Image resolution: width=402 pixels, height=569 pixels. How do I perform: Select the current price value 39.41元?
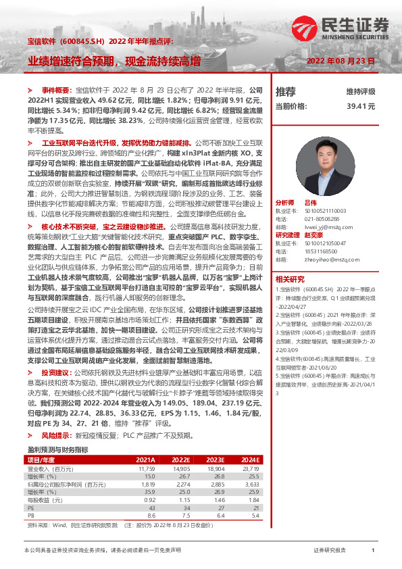[361, 106]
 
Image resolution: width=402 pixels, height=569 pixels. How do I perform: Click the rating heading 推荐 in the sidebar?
[286, 91]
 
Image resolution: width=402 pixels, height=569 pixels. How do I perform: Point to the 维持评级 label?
[361, 91]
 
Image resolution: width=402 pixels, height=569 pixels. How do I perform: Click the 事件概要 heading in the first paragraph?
[55, 90]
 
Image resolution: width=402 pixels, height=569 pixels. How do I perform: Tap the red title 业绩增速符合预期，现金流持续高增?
[114, 61]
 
